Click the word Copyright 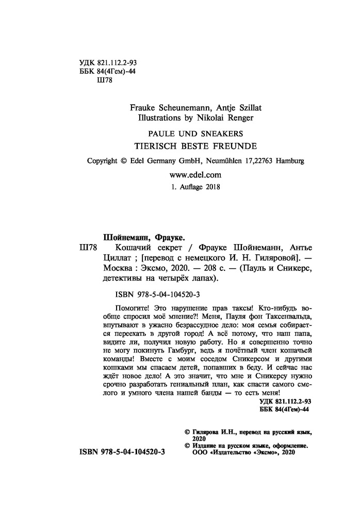[x=102, y=160]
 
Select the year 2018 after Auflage [x=210, y=187]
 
